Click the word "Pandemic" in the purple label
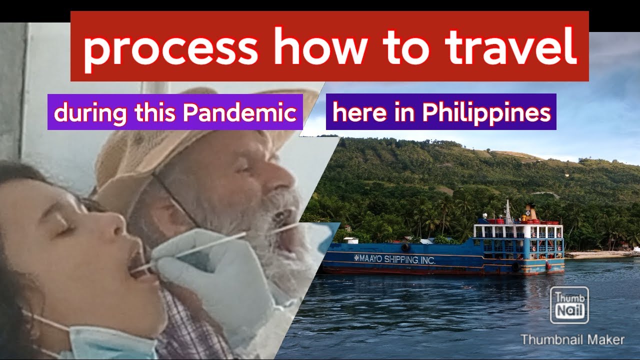click(x=239, y=112)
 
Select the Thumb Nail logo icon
click(x=569, y=305)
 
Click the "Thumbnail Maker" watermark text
click(x=572, y=340)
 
